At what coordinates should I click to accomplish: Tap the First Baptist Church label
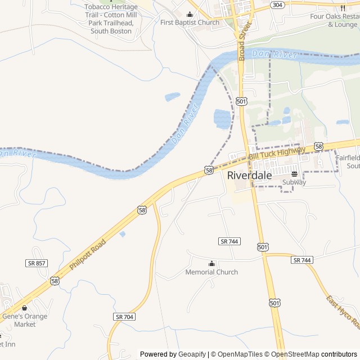coord(190,22)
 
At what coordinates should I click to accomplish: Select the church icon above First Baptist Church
coord(190,15)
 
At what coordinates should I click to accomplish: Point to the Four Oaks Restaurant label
coord(335,20)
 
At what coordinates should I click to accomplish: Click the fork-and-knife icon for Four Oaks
coord(343,8)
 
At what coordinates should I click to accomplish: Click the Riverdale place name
coord(249,175)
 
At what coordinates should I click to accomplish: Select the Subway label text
coord(294,182)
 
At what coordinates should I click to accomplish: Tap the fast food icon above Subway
coord(294,174)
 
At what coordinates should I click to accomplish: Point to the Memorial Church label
coord(211,272)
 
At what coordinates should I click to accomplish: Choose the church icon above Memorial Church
coord(211,264)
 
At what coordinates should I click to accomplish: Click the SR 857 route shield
coord(37,263)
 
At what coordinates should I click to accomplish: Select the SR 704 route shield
coord(124,317)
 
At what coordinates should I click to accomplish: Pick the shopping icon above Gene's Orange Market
coord(24,308)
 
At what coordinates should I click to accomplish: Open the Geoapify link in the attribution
coord(192,354)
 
